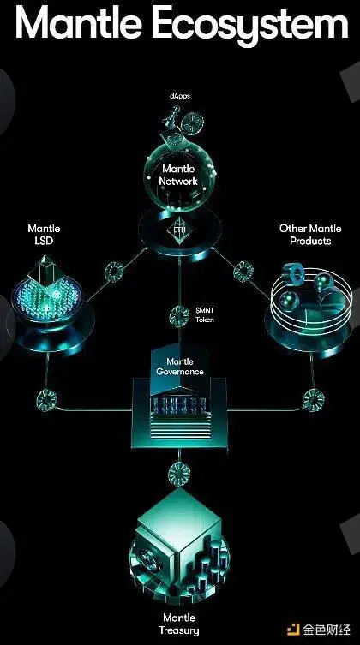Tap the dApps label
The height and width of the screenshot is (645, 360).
click(180, 97)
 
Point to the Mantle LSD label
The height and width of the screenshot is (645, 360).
click(44, 235)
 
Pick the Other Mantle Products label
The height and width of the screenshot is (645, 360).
click(310, 235)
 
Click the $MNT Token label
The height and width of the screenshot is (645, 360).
click(205, 314)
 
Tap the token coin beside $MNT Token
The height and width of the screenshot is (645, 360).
click(179, 316)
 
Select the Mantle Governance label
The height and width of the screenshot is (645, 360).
click(179, 367)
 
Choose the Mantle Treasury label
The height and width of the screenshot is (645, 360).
click(178, 624)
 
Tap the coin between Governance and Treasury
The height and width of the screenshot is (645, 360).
click(179, 473)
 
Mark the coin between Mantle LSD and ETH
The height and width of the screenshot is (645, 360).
click(113, 271)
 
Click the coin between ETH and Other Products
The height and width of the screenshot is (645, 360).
click(243, 271)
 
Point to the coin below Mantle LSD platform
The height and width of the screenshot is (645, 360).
click(46, 399)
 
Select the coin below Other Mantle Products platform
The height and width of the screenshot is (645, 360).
click(314, 400)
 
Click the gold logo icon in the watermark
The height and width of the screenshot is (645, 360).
click(293, 630)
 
